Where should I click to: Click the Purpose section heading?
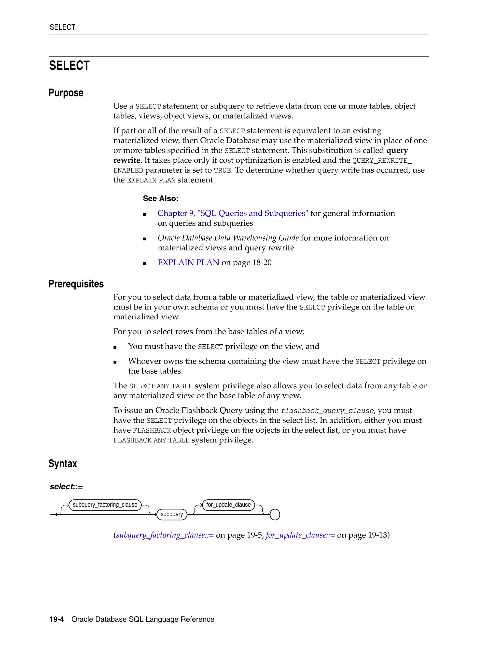[66, 93]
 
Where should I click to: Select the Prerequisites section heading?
[76, 284]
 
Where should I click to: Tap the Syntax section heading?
[63, 464]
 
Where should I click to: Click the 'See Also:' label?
[161, 198]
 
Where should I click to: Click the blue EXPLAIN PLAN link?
[188, 262]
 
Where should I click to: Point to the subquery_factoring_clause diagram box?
[105, 505]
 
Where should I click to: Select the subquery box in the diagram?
[172, 514]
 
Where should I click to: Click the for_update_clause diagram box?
[228, 505]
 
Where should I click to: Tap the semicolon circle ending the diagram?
[275, 514]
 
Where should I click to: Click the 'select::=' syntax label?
[66, 487]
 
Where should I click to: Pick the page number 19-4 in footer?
[57, 619]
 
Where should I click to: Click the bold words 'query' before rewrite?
[397, 150]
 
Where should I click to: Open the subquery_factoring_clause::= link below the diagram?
[165, 535]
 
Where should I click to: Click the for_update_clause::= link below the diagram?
[300, 535]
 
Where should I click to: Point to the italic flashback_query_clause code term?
[327, 411]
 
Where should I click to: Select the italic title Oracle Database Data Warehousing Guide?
[228, 238]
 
